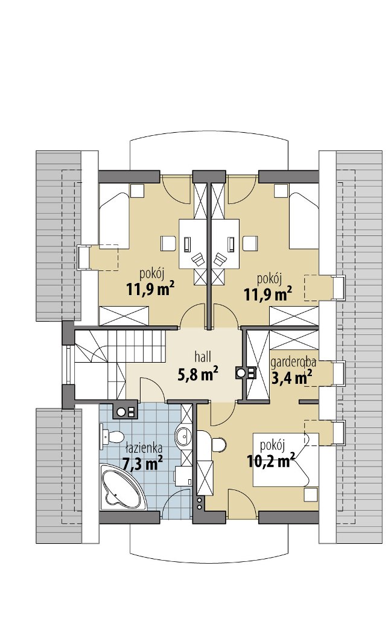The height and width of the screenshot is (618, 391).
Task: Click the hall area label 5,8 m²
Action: point(199,374)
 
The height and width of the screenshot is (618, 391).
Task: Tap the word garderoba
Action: point(293,362)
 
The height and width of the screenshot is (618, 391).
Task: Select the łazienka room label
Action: point(144,448)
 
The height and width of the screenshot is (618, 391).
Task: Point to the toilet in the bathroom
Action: point(112,438)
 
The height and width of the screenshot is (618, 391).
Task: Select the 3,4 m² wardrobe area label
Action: point(291,377)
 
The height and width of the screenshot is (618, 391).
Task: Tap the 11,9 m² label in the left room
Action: point(151,290)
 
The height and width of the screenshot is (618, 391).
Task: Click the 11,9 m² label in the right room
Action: point(268,294)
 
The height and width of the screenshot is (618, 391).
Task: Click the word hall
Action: point(203,357)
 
